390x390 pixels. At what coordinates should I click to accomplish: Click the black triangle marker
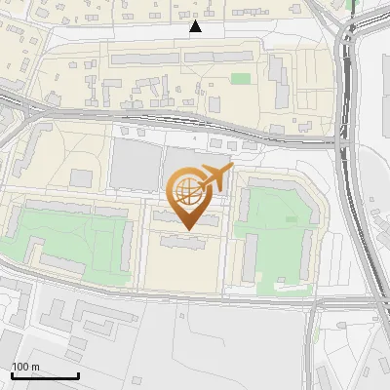point(196,26)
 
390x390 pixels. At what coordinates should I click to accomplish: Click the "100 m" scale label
point(26,367)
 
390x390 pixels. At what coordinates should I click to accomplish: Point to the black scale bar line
point(45,375)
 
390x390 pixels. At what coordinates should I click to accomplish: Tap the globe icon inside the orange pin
point(188,192)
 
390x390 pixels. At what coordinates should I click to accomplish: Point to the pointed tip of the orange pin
point(188,230)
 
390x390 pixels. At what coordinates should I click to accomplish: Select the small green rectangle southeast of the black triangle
point(240,79)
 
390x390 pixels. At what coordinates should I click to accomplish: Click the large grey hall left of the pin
point(135,164)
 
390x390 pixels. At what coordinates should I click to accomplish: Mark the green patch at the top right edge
point(351,4)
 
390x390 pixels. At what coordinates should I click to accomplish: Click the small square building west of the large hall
point(81,178)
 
